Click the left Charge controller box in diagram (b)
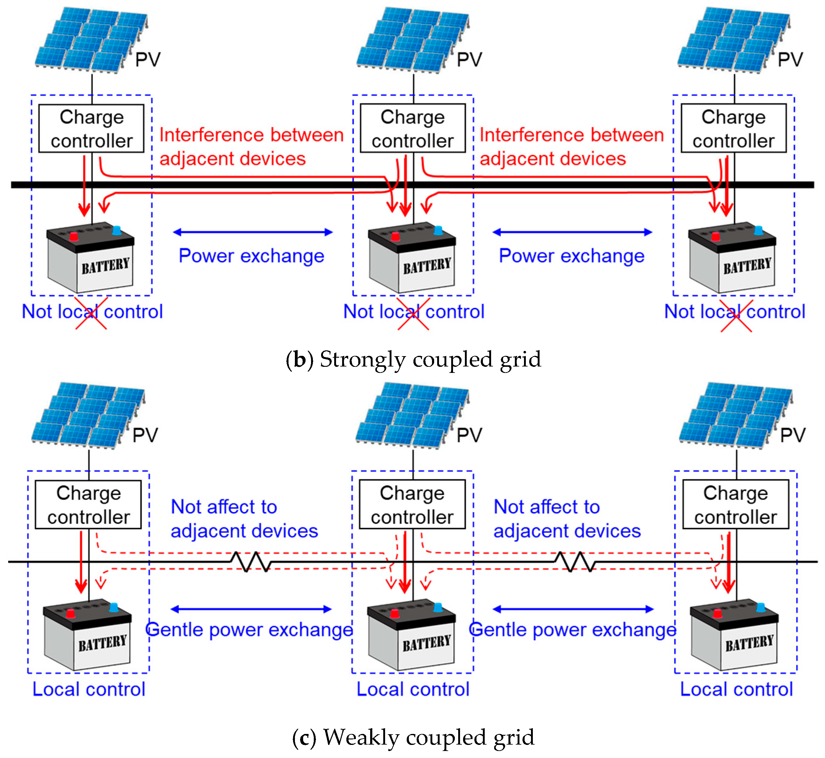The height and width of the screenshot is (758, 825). [x=91, y=128]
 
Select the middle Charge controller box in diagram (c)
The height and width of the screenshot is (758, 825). [x=412, y=504]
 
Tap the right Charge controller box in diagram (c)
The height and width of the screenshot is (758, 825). [x=735, y=504]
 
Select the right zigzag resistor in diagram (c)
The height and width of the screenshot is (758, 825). [x=574, y=561]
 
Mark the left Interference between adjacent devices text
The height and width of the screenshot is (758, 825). [x=251, y=147]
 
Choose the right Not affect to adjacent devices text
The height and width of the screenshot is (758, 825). [x=567, y=519]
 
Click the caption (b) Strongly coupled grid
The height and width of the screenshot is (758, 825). [x=413, y=359]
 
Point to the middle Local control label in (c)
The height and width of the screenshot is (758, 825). [x=413, y=689]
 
